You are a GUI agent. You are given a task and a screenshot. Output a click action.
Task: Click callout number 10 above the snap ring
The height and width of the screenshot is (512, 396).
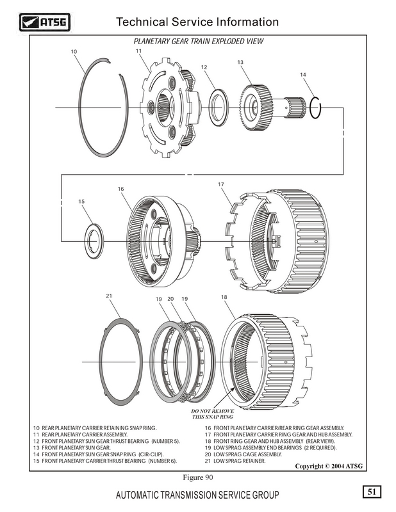click(74, 51)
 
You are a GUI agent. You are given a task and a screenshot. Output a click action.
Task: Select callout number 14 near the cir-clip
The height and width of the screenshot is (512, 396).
click(303, 75)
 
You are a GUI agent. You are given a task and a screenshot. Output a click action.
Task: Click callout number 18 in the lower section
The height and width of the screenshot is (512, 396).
click(224, 298)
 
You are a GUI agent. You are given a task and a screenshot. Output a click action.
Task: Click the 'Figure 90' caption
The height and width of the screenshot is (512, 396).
click(197, 477)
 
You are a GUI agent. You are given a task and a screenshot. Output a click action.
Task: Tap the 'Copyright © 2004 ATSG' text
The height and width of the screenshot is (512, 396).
click(329, 466)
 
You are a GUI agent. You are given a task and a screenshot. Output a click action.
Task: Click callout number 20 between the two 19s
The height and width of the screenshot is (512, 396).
click(170, 298)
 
